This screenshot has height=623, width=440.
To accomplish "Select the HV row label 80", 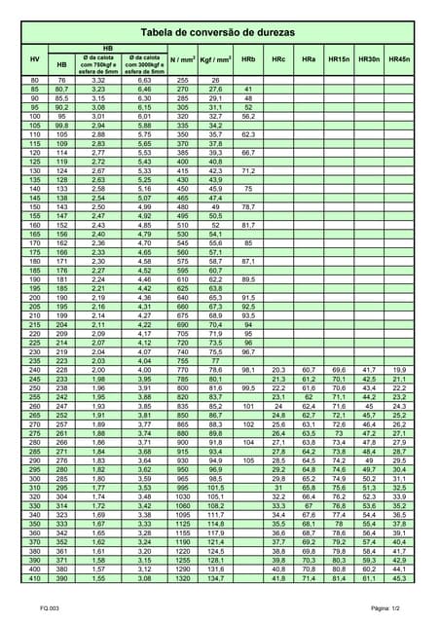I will point(35,80).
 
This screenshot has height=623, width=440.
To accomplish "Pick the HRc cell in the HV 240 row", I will point(279,370).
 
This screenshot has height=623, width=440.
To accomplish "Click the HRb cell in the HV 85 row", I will point(248,89).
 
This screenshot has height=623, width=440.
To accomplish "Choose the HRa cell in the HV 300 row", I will point(309,479).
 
